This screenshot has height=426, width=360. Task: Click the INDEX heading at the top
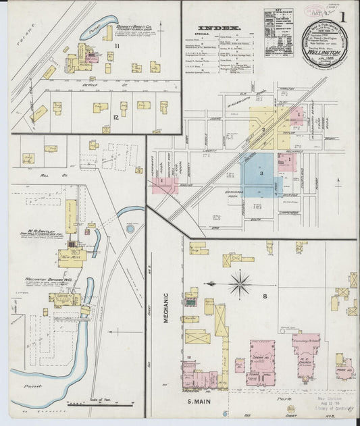(x=228, y=28)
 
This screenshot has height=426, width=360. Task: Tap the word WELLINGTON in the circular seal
(x=326, y=51)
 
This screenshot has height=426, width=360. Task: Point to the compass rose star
(x=240, y=284)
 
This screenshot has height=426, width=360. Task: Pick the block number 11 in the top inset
(x=116, y=45)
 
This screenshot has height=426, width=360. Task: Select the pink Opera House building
(x=262, y=358)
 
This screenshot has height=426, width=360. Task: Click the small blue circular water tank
(x=130, y=229)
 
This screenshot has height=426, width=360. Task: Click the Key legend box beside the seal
(x=278, y=32)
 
